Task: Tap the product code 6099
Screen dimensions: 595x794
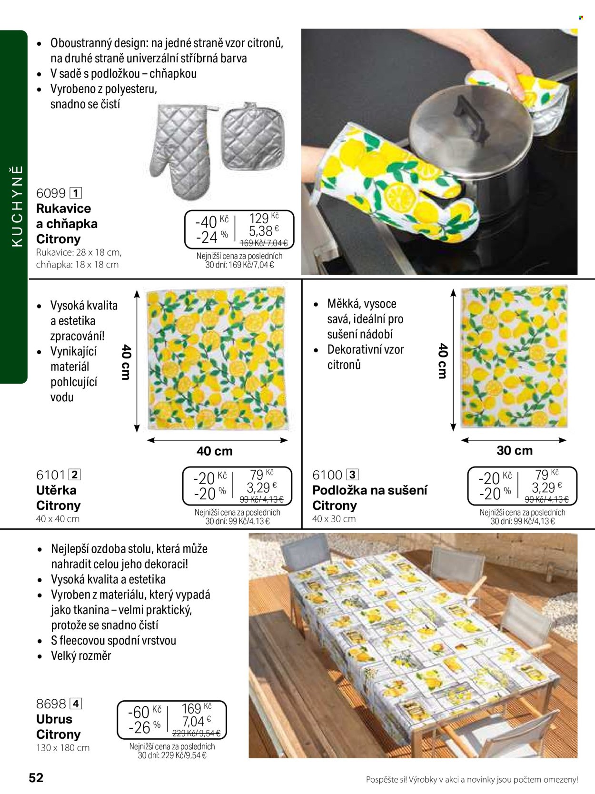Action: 50,193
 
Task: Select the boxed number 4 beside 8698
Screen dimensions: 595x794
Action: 76,704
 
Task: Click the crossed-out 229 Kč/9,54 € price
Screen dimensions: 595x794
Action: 197,733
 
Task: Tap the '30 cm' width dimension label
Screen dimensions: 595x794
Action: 515,450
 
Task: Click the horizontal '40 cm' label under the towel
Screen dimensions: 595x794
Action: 215,451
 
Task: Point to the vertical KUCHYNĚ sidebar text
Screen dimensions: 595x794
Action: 17,206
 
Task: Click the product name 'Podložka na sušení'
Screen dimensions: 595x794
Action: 370,490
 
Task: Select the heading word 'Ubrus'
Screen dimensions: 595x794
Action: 54,719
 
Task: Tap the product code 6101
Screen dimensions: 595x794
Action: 50,475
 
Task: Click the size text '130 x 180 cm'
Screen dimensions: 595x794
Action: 63,747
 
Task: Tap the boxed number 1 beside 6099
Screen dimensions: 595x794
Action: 76,193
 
